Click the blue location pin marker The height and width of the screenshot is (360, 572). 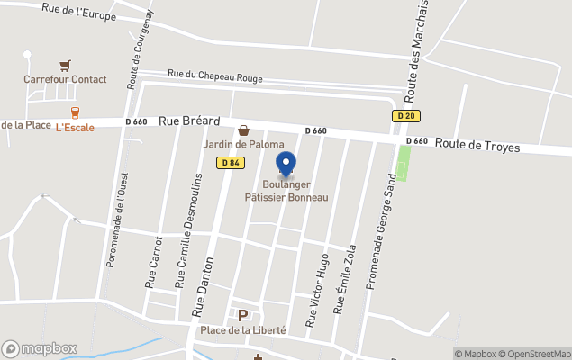tap(286, 165)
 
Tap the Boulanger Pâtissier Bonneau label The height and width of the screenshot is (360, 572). tap(286, 191)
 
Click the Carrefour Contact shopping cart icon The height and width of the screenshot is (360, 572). tap(65, 66)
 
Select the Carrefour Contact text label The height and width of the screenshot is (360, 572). tap(65, 79)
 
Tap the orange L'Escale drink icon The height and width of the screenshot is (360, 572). tap(75, 112)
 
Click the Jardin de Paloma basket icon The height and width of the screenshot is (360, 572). tap(243, 130)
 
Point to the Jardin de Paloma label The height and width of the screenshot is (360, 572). tap(243, 145)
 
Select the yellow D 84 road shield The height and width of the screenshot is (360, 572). tap(229, 162)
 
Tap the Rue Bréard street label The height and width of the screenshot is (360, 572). tap(189, 121)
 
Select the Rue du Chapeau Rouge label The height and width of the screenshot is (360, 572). tap(215, 77)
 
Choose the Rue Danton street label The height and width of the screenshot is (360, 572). tap(202, 288)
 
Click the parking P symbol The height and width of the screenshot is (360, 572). tap(241, 315)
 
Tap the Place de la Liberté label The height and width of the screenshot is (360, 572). tap(243, 330)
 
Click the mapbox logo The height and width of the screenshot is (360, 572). tap(40, 348)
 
